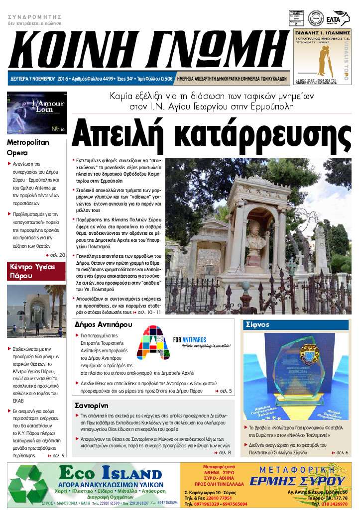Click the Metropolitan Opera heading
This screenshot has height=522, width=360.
point(28,147)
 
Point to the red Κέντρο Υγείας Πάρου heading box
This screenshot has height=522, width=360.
point(36,271)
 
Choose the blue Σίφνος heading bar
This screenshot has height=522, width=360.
point(297,324)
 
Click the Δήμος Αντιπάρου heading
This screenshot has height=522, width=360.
point(103,324)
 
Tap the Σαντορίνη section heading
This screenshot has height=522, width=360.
point(92,405)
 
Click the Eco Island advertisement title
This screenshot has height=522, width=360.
point(110,472)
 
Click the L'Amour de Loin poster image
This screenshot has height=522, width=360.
point(36,113)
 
